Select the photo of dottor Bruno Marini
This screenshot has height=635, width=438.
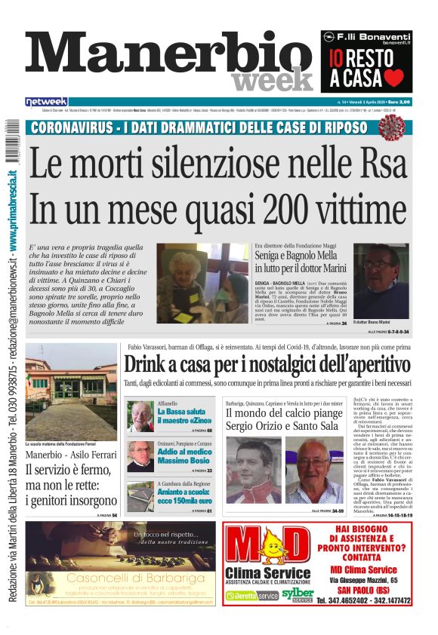click(x=381, y=281)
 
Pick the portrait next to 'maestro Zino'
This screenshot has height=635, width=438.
click(x=140, y=416)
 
